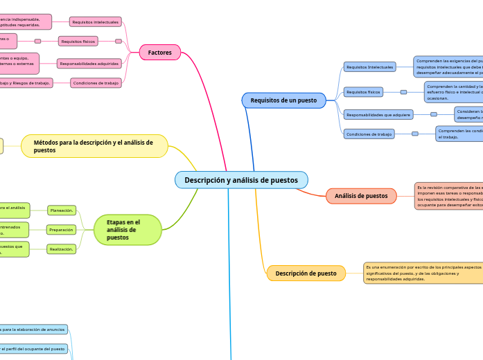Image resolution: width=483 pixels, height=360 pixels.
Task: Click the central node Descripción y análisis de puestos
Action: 241,180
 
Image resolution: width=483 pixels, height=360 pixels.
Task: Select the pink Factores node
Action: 160,53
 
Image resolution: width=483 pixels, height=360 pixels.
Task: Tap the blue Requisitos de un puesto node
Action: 283,100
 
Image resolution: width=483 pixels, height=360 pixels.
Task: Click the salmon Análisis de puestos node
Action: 361,196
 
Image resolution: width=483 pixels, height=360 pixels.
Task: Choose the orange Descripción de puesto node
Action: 306,273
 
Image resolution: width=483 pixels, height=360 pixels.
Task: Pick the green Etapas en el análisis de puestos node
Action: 128,230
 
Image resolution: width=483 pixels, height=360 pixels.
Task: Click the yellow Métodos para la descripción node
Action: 94,146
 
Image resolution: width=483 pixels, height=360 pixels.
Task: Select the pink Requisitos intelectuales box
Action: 96,22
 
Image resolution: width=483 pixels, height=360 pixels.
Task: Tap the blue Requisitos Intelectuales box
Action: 369,67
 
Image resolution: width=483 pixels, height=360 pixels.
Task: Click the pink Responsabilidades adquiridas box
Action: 89,64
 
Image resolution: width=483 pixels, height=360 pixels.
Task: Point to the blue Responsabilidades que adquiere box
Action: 378,114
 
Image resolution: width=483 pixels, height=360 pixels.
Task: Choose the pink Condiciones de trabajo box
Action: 96,83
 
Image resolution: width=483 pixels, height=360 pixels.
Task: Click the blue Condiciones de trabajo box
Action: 369,134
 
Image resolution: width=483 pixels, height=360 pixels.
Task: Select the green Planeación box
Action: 62,210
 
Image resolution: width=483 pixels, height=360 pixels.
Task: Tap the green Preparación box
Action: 62,230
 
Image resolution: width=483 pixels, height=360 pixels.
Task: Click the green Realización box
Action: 62,249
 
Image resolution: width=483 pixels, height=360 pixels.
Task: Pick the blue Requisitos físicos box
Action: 364,92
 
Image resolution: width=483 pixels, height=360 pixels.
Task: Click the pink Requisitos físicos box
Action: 78,42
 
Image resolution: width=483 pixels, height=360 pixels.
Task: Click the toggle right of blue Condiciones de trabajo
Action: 415,134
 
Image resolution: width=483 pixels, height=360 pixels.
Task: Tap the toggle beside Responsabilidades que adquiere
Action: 434,114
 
